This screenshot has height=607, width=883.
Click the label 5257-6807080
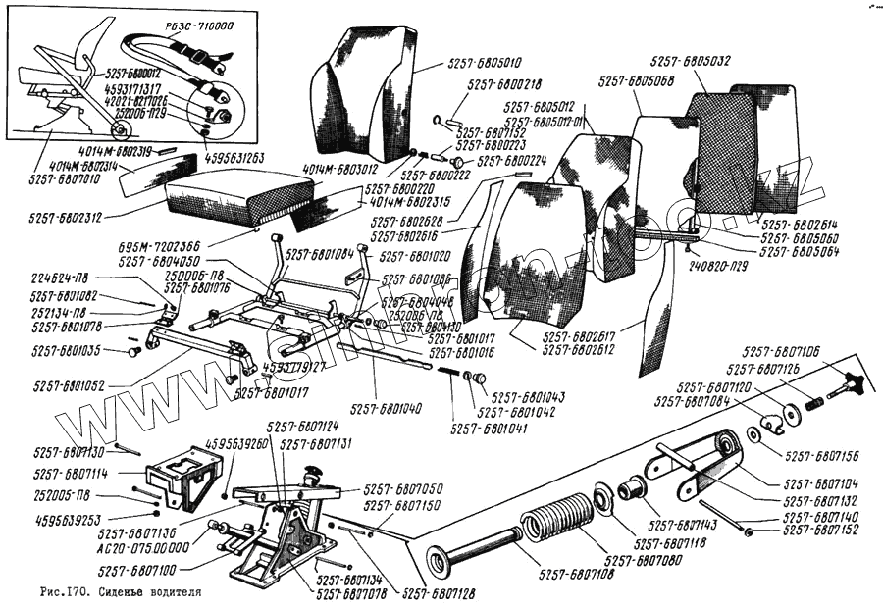(645, 560)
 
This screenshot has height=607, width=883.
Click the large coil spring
(556, 516)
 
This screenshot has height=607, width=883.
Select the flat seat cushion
(237, 193)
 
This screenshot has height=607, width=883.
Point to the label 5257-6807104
(820, 483)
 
